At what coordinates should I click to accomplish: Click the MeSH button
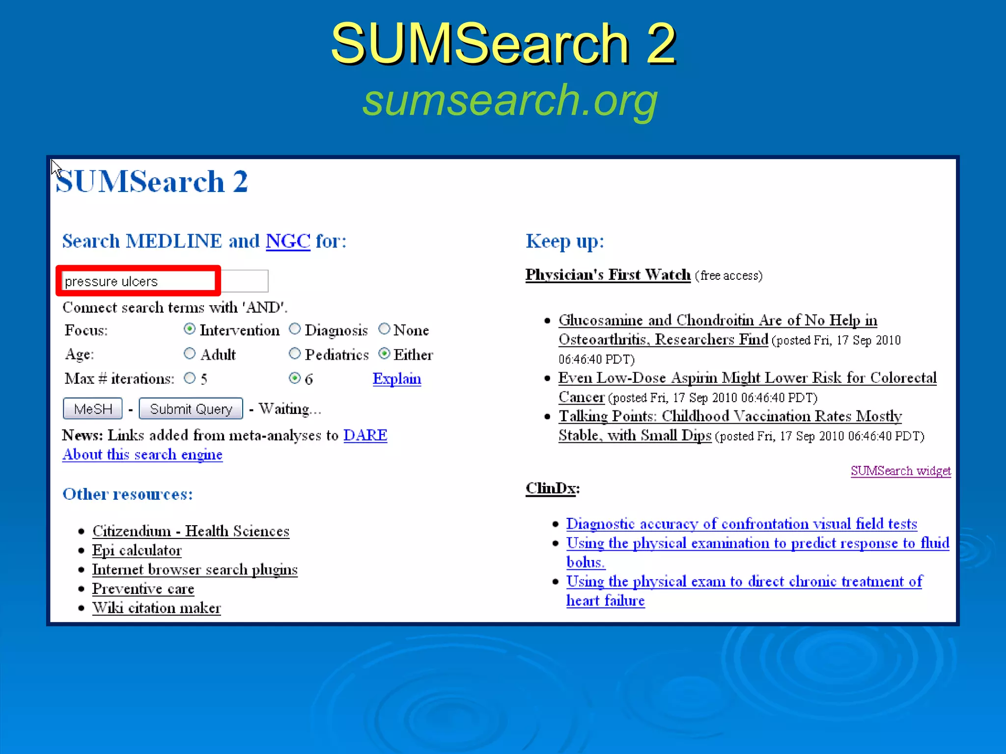pyautogui.click(x=92, y=408)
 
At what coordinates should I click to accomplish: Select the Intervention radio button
pyautogui.click(x=190, y=329)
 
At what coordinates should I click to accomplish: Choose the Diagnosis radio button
pyautogui.click(x=295, y=329)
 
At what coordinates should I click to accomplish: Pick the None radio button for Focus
pyautogui.click(x=384, y=329)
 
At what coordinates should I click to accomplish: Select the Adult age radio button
pyautogui.click(x=190, y=353)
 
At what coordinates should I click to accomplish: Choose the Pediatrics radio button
pyautogui.click(x=295, y=353)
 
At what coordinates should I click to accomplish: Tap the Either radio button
pyautogui.click(x=384, y=353)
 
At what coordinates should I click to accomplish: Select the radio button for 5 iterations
pyautogui.click(x=190, y=378)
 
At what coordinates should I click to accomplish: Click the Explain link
pyautogui.click(x=396, y=378)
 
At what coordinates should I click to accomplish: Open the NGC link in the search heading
pyautogui.click(x=288, y=241)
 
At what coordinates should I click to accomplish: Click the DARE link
pyautogui.click(x=365, y=435)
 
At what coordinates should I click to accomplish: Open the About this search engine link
pyautogui.click(x=142, y=455)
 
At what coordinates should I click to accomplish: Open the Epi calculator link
pyautogui.click(x=137, y=550)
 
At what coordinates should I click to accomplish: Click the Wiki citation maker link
pyautogui.click(x=156, y=608)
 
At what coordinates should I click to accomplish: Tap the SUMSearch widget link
pyautogui.click(x=900, y=471)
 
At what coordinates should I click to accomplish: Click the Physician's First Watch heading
pyautogui.click(x=608, y=274)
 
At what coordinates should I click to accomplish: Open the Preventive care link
pyautogui.click(x=143, y=589)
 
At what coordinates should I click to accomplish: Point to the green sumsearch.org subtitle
pyautogui.click(x=510, y=100)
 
